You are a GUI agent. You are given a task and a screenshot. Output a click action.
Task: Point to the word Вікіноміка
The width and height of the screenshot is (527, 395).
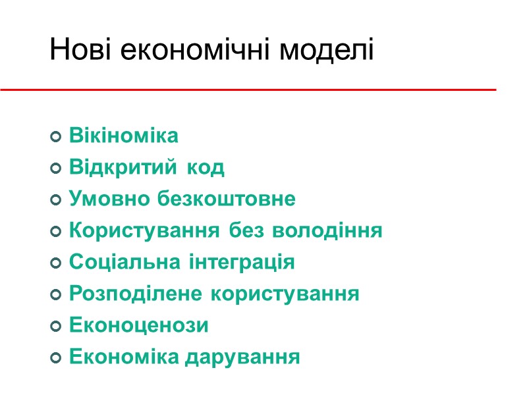[x=124, y=136]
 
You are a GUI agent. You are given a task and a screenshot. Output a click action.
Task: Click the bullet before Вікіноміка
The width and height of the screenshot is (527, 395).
[x=56, y=137]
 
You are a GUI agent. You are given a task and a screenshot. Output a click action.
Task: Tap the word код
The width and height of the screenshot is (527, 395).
[x=206, y=168]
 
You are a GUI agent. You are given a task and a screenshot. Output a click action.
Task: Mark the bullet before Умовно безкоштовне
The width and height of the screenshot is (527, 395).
[x=56, y=199]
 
